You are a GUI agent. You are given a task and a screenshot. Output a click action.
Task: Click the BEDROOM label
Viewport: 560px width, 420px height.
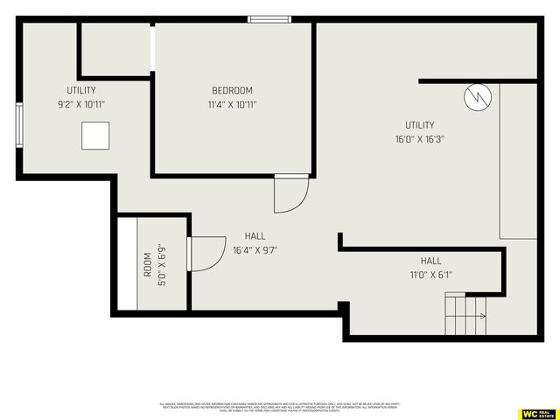(x=232, y=91)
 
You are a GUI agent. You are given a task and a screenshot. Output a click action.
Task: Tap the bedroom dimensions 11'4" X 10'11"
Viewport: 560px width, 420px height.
(x=232, y=104)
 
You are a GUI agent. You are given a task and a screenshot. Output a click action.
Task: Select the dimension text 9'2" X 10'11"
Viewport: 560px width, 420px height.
(x=81, y=104)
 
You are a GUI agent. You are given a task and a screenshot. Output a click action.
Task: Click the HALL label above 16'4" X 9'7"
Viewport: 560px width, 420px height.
(x=255, y=236)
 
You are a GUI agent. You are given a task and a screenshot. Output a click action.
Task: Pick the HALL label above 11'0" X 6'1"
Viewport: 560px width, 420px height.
(x=430, y=261)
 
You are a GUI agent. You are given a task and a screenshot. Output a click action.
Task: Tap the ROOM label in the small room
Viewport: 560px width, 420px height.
(x=147, y=265)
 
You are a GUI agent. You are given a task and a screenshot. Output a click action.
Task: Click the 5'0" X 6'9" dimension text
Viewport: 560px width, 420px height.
(x=160, y=265)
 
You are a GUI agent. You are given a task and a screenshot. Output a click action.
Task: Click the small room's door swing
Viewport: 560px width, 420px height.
(x=206, y=254)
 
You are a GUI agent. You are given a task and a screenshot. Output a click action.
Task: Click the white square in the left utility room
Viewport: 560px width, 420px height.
(x=96, y=136)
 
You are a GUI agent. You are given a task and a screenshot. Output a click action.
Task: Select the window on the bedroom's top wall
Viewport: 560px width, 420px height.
(x=269, y=19)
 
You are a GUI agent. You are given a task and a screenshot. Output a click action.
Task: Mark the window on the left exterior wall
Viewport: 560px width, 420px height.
(x=19, y=126)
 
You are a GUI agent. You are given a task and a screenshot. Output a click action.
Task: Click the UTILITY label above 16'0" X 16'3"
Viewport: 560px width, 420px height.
(x=419, y=125)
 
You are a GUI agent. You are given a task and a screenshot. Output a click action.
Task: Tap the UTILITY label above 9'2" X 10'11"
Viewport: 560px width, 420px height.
(x=81, y=91)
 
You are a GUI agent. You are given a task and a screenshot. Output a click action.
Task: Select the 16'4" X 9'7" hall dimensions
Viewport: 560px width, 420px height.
(x=255, y=249)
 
